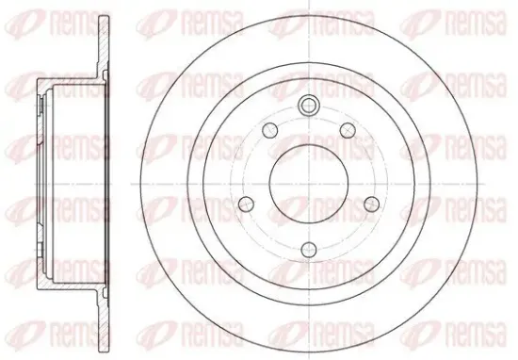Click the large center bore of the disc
tap(309, 184)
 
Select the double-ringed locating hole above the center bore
tap(309, 105)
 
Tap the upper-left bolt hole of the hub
tap(270, 130)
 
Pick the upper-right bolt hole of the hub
tap(348, 130)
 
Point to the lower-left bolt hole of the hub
tap(246, 204)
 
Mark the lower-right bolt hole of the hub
tap(372, 204)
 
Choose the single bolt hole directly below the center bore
tap(309, 250)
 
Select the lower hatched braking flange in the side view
tap(104, 320)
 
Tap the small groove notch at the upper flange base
tap(105, 75)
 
